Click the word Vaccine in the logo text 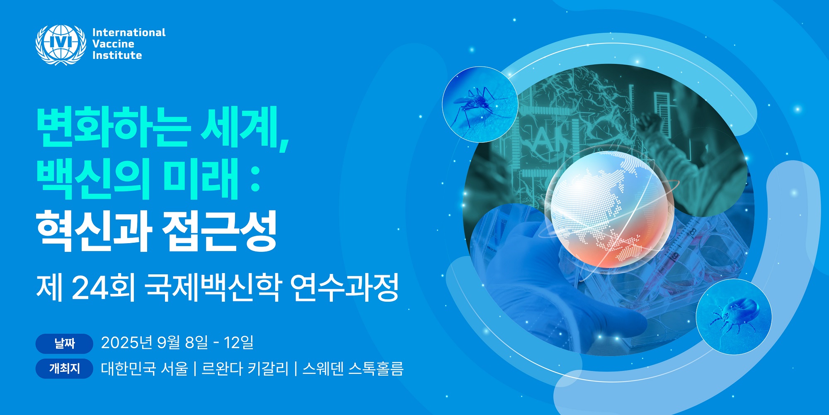coord(113,44)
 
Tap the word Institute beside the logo coord(117,55)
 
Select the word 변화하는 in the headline coord(113,127)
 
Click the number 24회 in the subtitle coord(104,287)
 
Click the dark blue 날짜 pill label coord(64,344)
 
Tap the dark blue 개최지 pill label coord(64,369)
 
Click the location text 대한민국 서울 coord(144,369)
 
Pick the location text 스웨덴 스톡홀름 coord(353,369)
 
